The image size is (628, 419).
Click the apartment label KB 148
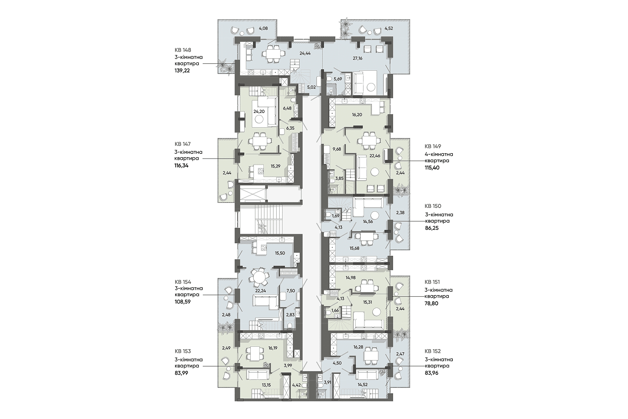[x=183, y=50]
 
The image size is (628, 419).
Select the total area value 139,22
[x=182, y=71]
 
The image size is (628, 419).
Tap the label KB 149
[x=433, y=146]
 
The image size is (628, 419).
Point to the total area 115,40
[x=432, y=168]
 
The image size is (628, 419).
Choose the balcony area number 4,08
[x=263, y=28]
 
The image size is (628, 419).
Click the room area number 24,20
[x=259, y=112]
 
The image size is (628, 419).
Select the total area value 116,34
[x=182, y=166]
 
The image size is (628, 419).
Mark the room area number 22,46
[x=375, y=156]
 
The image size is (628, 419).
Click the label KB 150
[x=433, y=206]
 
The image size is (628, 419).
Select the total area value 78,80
[x=432, y=304]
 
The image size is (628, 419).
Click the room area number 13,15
[x=266, y=385]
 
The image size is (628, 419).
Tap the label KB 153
[x=183, y=351]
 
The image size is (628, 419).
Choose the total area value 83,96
[x=432, y=373]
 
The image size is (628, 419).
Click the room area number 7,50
[x=291, y=291]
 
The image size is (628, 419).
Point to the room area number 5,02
[x=312, y=87]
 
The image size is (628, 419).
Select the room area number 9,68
[x=337, y=149]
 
